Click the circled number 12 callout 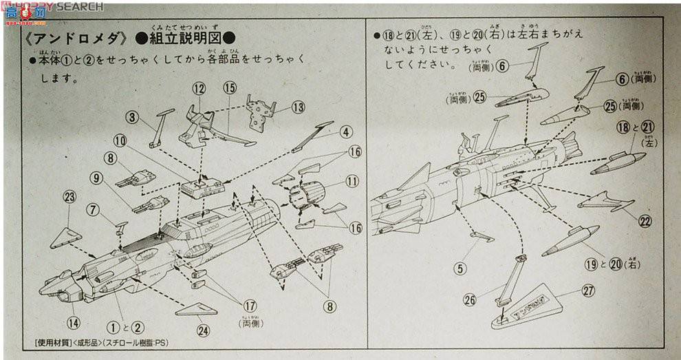199,89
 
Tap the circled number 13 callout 298,107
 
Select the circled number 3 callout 133,117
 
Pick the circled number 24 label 203,330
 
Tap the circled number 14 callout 73,321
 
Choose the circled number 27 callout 588,290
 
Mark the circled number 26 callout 470,299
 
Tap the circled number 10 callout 120,140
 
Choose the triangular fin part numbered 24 197,309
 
